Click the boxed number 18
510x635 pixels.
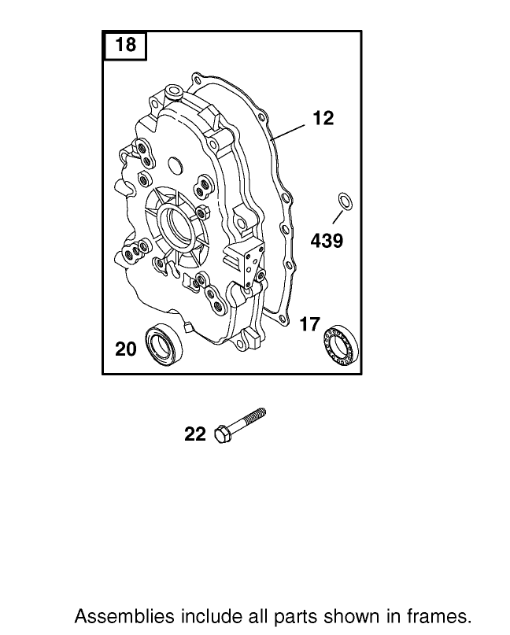tap(125, 45)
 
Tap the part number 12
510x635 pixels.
tap(323, 118)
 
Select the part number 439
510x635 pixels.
tap(327, 241)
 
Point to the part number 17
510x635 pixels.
tap(309, 324)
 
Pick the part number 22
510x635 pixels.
tap(195, 434)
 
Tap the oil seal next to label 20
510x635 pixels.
tap(161, 343)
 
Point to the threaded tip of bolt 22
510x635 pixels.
tap(261, 412)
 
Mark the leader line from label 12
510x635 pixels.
tap(291, 127)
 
